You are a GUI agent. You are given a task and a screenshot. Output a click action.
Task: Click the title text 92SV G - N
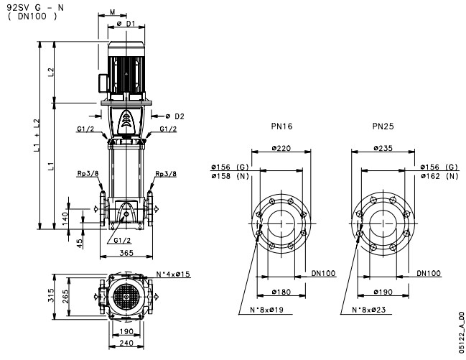[27, 7]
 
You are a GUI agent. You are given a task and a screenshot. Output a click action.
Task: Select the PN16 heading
[282, 126]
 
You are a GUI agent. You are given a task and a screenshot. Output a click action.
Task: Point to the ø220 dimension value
[282, 148]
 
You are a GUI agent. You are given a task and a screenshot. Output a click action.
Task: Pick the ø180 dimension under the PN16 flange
[282, 292]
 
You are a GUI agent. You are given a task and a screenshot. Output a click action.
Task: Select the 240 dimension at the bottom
[127, 344]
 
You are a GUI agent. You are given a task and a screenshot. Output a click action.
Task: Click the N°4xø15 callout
[172, 274]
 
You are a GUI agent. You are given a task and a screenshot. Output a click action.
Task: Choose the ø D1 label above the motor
[126, 24]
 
